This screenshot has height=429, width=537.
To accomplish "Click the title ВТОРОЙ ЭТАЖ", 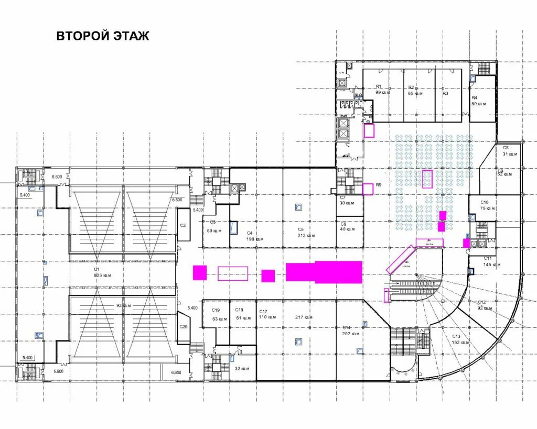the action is click(x=103, y=36).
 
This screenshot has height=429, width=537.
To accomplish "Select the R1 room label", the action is click(x=378, y=86).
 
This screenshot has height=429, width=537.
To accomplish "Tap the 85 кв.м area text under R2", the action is click(x=415, y=93).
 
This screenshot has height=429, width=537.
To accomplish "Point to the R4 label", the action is click(x=474, y=98).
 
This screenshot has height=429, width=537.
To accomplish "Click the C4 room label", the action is click(x=250, y=233).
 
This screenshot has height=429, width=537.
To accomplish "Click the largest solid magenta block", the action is click(x=324, y=272).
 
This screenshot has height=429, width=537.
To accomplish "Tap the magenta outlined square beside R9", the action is click(x=368, y=189).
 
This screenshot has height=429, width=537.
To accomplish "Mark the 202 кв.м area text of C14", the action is click(x=350, y=333).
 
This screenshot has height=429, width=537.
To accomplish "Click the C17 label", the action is click(x=263, y=311).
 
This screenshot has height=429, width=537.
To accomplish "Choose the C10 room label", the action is click(x=485, y=202).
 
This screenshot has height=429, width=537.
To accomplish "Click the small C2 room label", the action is click(x=183, y=225).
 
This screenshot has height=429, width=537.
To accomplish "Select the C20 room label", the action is click(x=183, y=326).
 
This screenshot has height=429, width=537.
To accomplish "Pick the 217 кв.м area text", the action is click(x=303, y=317).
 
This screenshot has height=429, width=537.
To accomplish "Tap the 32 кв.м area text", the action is click(x=242, y=368).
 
